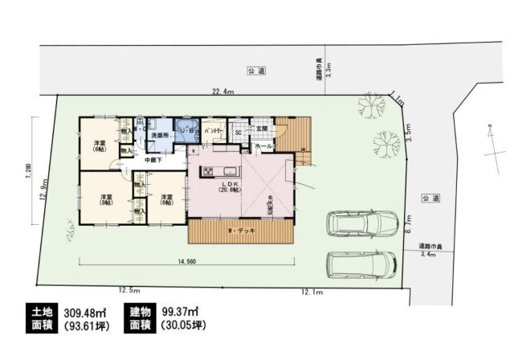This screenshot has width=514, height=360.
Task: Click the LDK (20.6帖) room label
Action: [226, 187]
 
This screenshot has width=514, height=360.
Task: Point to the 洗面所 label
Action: [159, 136]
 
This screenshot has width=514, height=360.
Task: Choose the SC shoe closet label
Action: [239, 133]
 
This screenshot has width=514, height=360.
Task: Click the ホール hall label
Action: [263, 148]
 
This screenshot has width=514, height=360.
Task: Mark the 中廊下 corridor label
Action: [153, 160]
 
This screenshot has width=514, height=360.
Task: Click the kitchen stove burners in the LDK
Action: [208, 170]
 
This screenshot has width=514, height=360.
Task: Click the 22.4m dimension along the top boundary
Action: [222, 92]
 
